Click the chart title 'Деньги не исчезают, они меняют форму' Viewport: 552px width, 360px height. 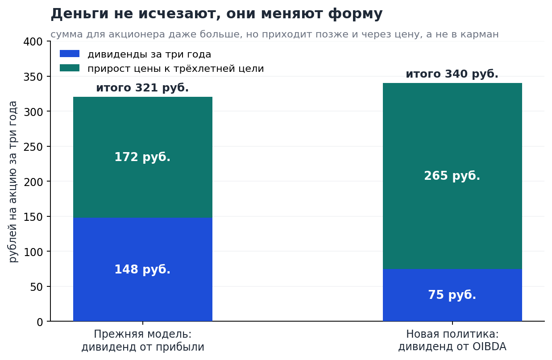pyautogui.click(x=216, y=14)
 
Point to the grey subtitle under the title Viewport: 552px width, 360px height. pyautogui.click(x=274, y=34)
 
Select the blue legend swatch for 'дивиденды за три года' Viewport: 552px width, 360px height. pyautogui.click(x=70, y=54)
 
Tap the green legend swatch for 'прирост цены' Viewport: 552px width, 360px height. pyautogui.click(x=70, y=68)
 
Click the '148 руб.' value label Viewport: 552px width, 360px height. pyautogui.click(x=142, y=269)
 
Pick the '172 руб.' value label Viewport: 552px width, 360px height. pyautogui.click(x=142, y=157)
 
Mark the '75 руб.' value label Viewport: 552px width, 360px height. pyautogui.click(x=452, y=295)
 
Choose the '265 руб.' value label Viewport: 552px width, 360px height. pyautogui.click(x=452, y=176)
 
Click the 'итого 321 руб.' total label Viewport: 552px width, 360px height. pyautogui.click(x=142, y=88)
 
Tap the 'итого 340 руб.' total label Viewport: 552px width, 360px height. pyautogui.click(x=452, y=74)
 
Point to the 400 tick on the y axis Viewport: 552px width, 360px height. pyautogui.click(x=33, y=41)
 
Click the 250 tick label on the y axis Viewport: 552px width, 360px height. pyautogui.click(x=33, y=147)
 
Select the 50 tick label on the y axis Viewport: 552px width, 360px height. pyautogui.click(x=37, y=287)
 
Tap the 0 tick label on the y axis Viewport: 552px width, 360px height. pyautogui.click(x=40, y=322)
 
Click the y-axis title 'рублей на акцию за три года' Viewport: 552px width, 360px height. pyautogui.click(x=13, y=182)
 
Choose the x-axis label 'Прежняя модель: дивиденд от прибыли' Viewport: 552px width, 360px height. pyautogui.click(x=143, y=340)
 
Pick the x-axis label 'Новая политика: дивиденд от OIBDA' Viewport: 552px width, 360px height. pyautogui.click(x=452, y=340)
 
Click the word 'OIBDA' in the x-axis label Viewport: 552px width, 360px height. pyautogui.click(x=490, y=347)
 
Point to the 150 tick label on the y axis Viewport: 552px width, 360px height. pyautogui.click(x=33, y=217)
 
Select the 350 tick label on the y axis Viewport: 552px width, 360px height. pyautogui.click(x=33, y=77)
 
